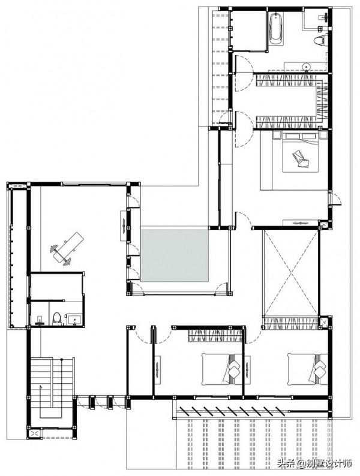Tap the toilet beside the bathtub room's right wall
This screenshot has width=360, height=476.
[319, 41]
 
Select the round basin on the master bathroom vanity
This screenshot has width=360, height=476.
[306, 65]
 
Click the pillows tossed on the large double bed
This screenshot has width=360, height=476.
[301, 159]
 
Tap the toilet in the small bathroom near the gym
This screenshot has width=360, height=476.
[57, 318]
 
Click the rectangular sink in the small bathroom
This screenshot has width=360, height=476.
[74, 320]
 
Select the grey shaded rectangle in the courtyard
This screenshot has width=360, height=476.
[175, 255]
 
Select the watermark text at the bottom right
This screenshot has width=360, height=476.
[314, 463]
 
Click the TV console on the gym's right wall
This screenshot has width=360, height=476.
[124, 225]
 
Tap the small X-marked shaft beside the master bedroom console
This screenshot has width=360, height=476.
[323, 225]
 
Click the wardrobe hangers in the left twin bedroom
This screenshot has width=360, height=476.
[215, 336]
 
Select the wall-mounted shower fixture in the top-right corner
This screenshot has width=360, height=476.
[324, 17]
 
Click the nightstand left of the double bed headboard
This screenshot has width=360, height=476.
[277, 134]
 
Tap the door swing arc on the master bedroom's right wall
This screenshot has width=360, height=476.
[336, 199]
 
